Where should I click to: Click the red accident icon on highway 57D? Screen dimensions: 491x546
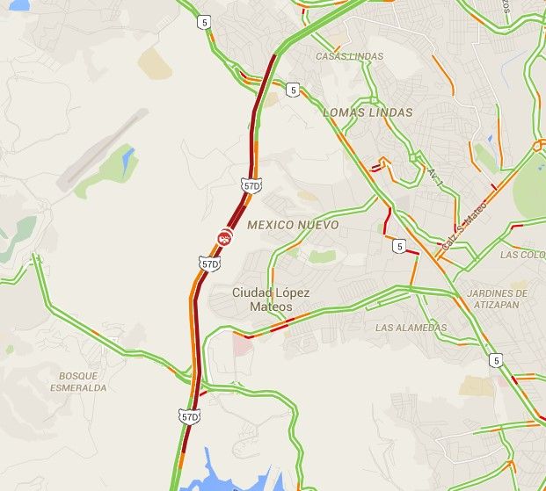point(225,237)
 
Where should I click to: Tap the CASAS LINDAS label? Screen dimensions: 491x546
point(349,56)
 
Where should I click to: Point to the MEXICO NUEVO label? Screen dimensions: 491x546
point(293,225)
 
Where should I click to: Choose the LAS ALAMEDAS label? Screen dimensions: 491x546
point(411,328)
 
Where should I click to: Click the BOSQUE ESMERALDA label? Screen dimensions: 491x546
point(83,381)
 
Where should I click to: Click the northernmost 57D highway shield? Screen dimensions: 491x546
point(252,185)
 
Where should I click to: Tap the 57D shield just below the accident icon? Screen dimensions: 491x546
point(209,264)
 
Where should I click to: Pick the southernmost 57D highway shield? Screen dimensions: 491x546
point(189,416)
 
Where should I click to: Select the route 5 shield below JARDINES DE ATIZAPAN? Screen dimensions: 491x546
point(497,359)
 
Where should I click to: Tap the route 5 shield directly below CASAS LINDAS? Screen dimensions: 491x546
point(293,89)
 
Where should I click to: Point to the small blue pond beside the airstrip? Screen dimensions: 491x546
point(129,159)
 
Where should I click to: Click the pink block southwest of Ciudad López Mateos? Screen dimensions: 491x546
point(243,344)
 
